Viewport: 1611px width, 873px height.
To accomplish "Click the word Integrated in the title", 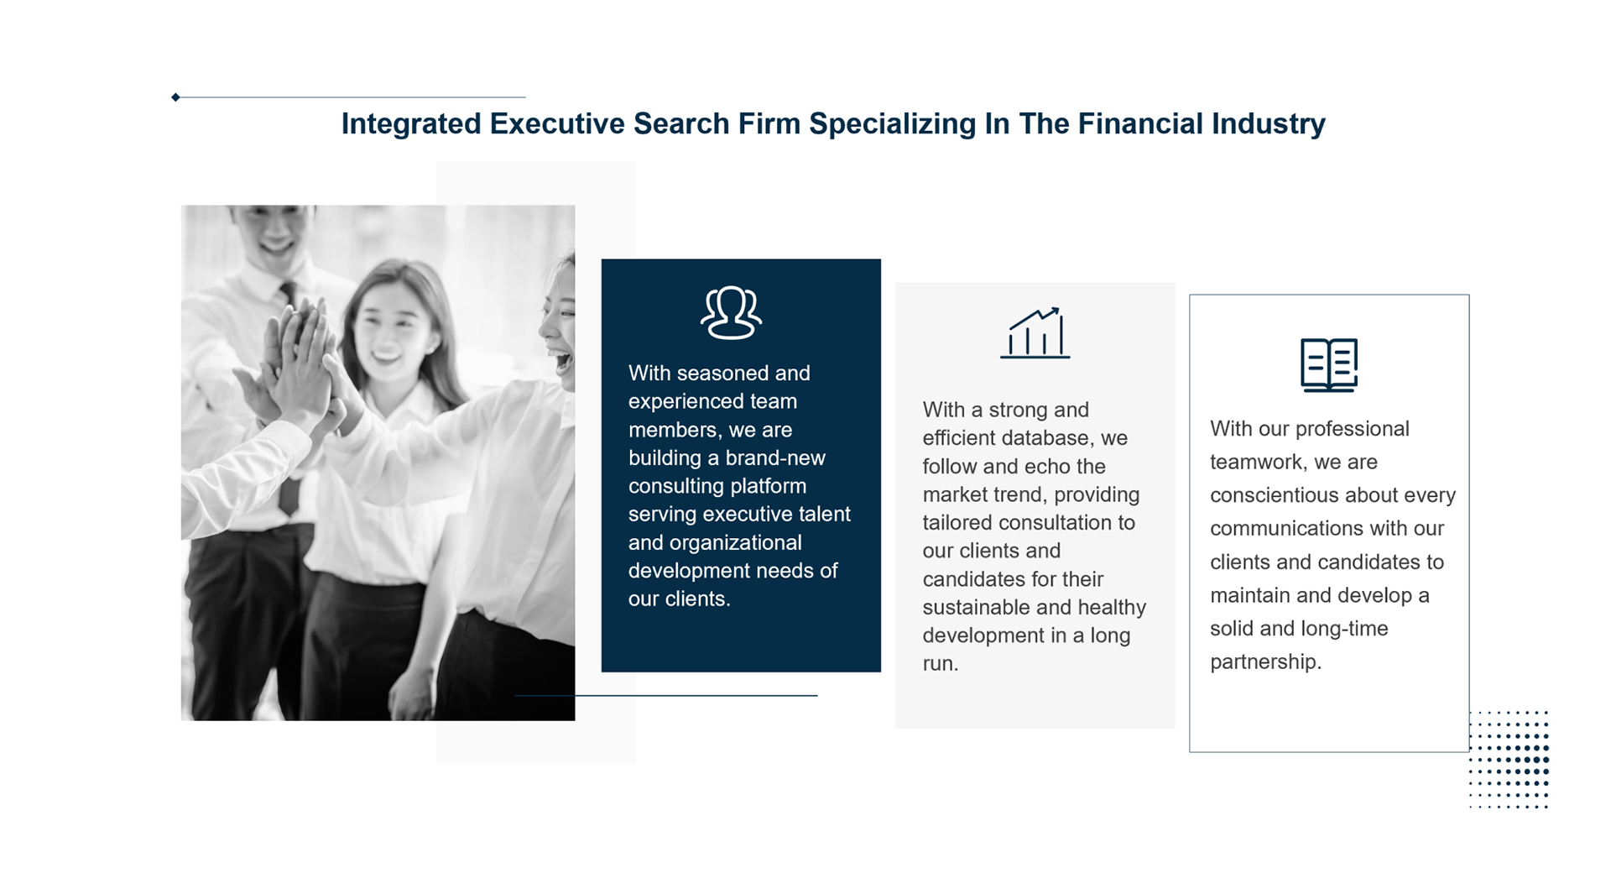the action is [x=411, y=124].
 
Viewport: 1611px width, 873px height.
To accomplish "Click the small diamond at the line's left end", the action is [x=175, y=97].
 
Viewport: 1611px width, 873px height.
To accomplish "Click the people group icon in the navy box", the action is [x=731, y=312].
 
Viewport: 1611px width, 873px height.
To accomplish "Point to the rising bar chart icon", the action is [x=1035, y=332].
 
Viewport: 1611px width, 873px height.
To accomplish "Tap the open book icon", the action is [x=1328, y=364].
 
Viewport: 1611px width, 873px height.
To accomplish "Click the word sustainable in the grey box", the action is [x=980, y=607].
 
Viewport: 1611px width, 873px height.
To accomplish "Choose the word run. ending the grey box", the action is [x=941, y=664].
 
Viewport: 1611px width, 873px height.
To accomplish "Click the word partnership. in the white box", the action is [x=1265, y=662].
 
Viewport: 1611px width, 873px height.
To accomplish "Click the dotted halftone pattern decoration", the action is [x=1509, y=760].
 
